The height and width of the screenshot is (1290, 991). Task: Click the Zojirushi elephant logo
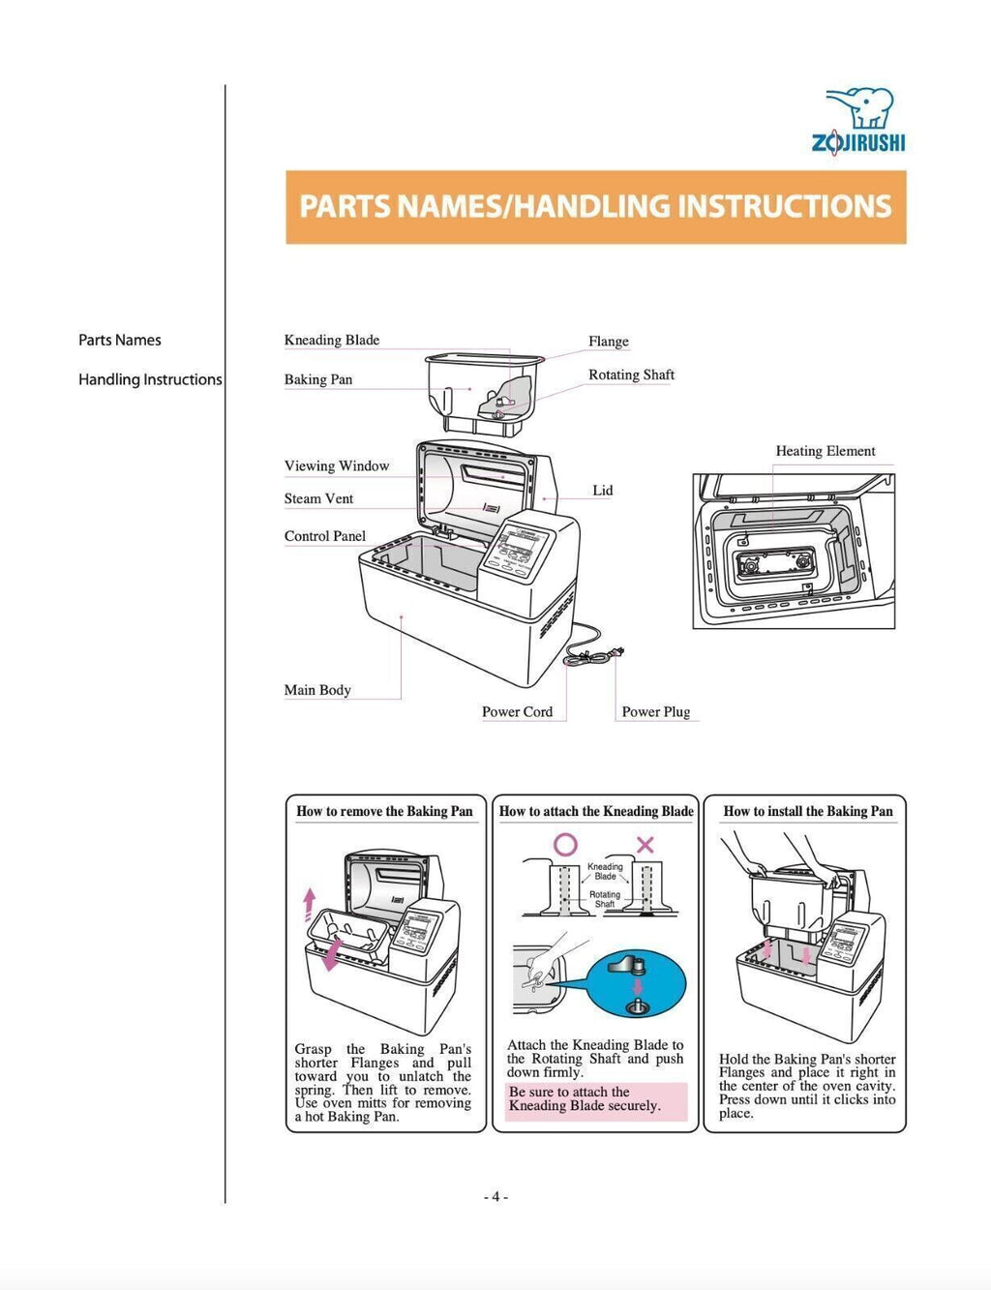coord(859,120)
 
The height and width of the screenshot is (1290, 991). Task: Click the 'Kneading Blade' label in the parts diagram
coord(332,340)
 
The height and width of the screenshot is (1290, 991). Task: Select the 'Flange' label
coord(608,342)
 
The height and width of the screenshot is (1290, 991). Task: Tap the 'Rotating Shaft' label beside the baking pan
coord(631,375)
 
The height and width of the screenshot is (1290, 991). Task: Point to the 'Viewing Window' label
coord(337,465)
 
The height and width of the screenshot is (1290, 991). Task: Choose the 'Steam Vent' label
coord(318,498)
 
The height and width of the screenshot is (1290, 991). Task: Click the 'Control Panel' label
coord(325,536)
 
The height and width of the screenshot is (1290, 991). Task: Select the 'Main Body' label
coord(317,690)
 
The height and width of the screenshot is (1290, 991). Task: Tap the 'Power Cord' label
coord(517,711)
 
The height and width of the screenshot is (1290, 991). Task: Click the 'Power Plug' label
coord(655,711)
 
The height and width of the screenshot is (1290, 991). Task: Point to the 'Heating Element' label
coord(825,451)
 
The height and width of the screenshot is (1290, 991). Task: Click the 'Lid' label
coord(602,491)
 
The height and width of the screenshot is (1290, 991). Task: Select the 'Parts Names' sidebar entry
coord(120,340)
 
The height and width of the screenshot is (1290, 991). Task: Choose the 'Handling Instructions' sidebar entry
coord(150,379)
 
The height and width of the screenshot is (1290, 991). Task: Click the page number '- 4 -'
coord(495,1197)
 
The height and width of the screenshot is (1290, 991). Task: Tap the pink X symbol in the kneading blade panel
coord(645,844)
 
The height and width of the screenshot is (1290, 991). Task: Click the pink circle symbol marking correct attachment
coord(565,844)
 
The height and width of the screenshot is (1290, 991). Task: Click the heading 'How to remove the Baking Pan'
coord(384,811)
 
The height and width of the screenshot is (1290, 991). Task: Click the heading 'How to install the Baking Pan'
coord(808,811)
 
